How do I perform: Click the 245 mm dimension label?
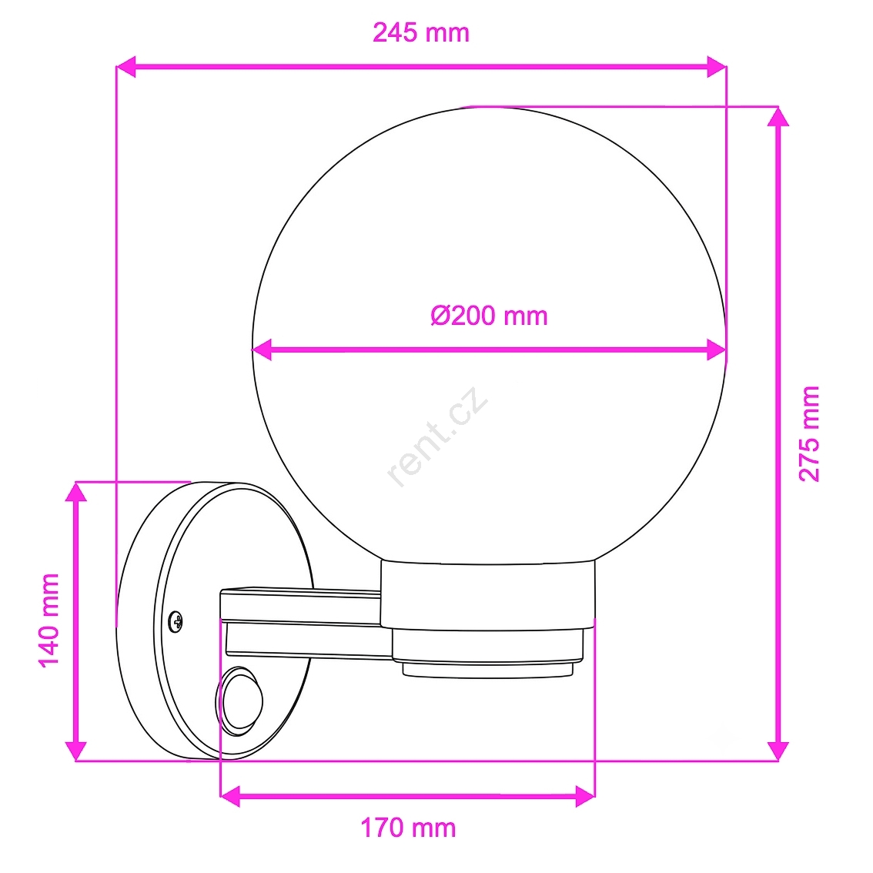(421, 33)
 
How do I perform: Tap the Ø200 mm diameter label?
(489, 316)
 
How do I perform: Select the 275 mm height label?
(809, 433)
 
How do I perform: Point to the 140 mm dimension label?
(49, 620)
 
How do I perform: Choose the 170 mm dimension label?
(408, 828)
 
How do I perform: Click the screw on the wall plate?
(176, 621)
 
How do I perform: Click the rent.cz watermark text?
(437, 436)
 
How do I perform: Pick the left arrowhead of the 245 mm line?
(125, 67)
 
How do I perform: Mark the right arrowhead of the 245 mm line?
(717, 67)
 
